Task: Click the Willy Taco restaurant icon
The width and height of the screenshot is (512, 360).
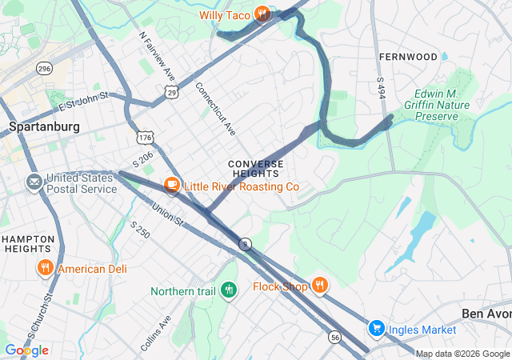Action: (x=262, y=14)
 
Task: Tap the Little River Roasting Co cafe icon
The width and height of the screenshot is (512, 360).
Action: (x=171, y=186)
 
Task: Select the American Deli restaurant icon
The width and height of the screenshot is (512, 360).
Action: (x=45, y=268)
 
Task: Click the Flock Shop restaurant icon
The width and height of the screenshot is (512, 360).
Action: (x=319, y=286)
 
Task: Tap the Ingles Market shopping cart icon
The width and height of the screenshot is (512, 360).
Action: (x=376, y=329)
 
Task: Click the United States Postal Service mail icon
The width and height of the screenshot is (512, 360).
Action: (x=34, y=182)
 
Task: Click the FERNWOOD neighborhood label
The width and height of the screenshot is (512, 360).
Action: (x=408, y=57)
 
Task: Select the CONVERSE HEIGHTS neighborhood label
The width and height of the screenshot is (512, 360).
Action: (x=255, y=168)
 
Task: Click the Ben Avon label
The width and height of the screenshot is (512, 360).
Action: (x=486, y=313)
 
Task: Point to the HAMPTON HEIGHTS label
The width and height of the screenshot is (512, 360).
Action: (x=29, y=245)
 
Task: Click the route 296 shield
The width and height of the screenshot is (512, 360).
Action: (x=43, y=69)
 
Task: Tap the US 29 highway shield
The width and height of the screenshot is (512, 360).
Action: (x=172, y=94)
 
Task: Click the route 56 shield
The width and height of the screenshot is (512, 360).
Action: (x=334, y=338)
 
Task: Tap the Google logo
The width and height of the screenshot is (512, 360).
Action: (x=26, y=350)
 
